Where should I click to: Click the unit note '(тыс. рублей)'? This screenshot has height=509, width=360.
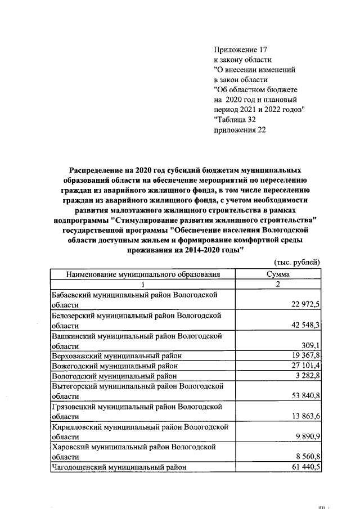297,262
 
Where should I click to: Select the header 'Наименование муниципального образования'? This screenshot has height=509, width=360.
143,274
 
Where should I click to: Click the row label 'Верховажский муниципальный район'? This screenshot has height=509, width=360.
116,355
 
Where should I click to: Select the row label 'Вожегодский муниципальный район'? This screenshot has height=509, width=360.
115,366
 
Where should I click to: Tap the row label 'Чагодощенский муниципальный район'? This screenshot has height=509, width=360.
118,466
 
